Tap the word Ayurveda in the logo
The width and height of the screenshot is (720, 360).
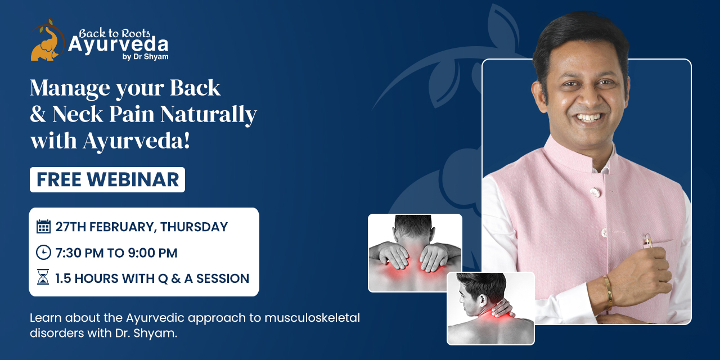(118, 44)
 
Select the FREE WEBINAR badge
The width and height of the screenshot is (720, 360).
(107, 179)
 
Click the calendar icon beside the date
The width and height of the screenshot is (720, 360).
(43, 227)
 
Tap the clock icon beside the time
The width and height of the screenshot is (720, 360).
(43, 253)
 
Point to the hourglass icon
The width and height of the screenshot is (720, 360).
(43, 277)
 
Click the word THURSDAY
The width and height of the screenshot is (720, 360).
(194, 227)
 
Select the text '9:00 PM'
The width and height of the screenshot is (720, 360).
(152, 253)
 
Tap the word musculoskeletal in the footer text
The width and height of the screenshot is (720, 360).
(312, 318)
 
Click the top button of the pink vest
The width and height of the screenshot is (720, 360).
(595, 192)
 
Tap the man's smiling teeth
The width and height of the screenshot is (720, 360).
(589, 118)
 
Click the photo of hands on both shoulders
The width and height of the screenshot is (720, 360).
(415, 253)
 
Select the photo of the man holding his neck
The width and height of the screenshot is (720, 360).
(490, 308)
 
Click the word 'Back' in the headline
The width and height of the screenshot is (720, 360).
(195, 87)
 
